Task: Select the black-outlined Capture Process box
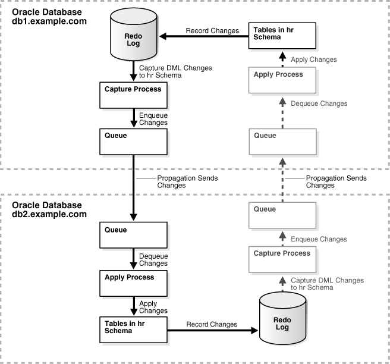[x=133, y=95]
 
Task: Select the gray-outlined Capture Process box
[x=282, y=259]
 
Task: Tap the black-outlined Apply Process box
[x=133, y=284]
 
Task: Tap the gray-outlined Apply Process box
[x=282, y=81]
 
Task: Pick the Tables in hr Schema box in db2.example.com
[x=133, y=328]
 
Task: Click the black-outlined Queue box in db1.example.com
[x=133, y=142]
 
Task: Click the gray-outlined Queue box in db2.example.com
[x=282, y=215]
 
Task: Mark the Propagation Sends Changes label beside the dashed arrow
[x=328, y=181]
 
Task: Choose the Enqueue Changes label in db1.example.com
[x=153, y=119]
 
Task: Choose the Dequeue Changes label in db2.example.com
[x=153, y=260]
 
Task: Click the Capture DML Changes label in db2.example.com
[x=326, y=283]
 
